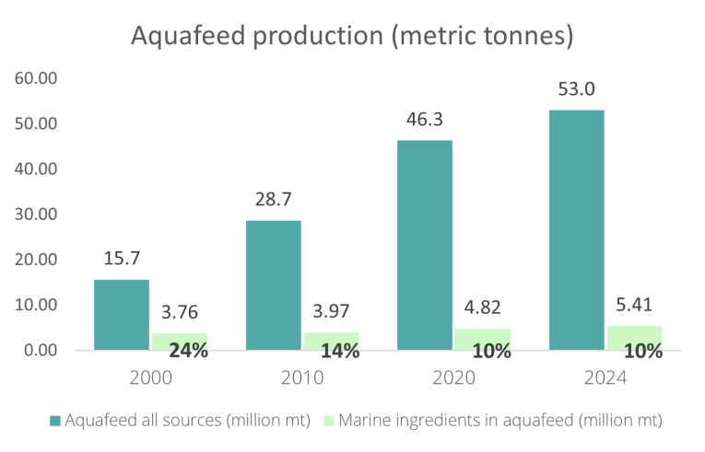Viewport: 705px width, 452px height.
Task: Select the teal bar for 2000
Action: (x=122, y=315)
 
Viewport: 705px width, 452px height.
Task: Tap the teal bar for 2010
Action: (x=273, y=285)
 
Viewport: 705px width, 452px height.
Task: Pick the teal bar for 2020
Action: (x=425, y=245)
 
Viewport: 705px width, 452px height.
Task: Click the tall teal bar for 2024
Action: (x=577, y=230)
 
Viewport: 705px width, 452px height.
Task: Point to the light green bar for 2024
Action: (x=634, y=338)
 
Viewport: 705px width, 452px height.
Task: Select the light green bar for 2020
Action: (x=482, y=340)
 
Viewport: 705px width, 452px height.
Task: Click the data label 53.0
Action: (x=577, y=90)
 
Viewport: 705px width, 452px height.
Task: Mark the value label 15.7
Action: (x=122, y=260)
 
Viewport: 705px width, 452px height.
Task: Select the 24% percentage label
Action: (x=188, y=351)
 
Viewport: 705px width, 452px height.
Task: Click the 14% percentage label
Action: (x=339, y=351)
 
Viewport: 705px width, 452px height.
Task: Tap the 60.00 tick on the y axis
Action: (x=37, y=78)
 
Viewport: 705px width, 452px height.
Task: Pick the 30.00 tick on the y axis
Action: (x=37, y=214)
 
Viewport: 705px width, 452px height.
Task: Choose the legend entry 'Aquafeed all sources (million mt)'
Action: (x=181, y=420)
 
